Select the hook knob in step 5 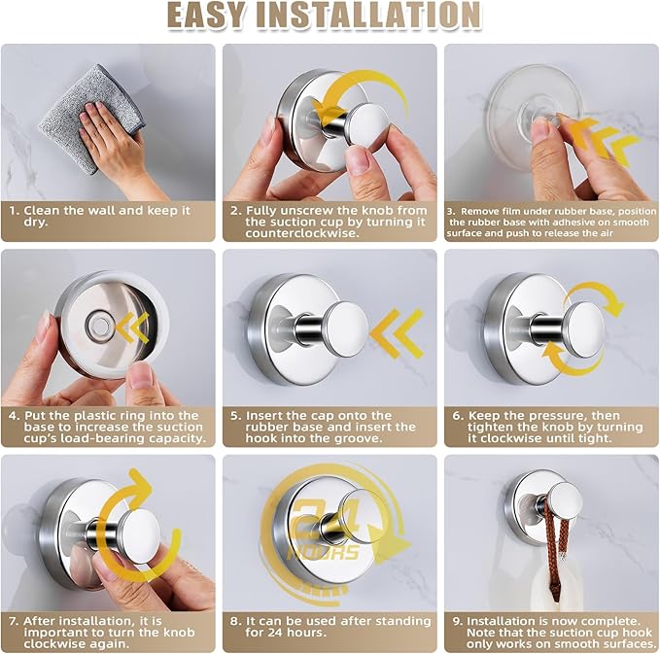tap(344, 327)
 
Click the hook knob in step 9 tap(563, 501)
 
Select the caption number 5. tap(234, 414)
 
